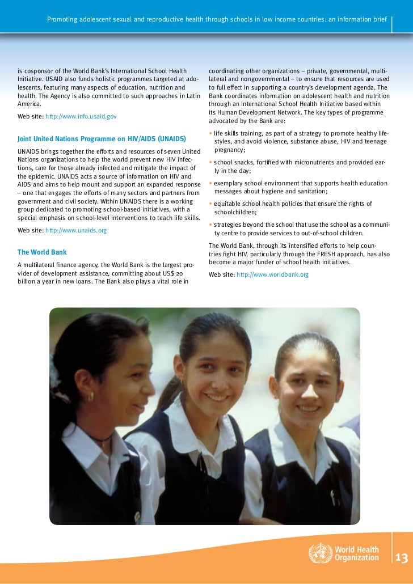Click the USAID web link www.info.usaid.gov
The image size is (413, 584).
click(81, 116)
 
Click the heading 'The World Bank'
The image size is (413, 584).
click(42, 252)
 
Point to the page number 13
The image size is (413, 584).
click(402, 558)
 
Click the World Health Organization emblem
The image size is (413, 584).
click(318, 553)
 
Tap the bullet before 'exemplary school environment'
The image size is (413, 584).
click(210, 184)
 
